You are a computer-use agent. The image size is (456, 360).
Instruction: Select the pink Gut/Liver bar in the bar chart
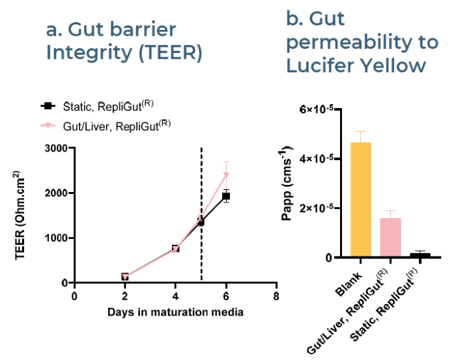point(390,238)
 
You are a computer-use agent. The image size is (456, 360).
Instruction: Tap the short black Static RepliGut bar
point(420,255)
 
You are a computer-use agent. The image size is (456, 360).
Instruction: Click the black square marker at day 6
point(226,196)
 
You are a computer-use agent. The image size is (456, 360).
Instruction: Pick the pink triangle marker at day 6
point(226,174)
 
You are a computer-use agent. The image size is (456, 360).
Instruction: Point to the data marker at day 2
point(125,277)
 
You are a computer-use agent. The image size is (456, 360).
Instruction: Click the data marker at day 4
point(176,249)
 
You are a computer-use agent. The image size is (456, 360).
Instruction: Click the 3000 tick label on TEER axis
point(56,148)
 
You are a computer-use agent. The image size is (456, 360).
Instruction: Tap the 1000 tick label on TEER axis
point(56,238)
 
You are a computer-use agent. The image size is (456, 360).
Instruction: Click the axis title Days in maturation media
point(175,312)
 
